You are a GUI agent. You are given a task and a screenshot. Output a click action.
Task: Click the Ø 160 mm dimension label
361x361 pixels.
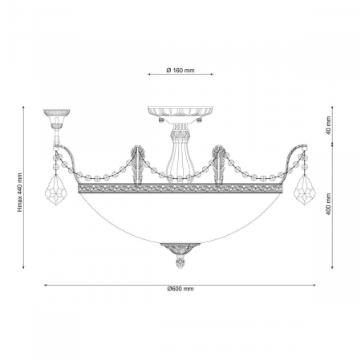(180, 71)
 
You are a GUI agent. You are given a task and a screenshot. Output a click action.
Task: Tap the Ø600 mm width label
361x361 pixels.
(180, 289)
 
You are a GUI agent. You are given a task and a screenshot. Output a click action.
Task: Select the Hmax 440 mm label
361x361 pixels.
(20, 193)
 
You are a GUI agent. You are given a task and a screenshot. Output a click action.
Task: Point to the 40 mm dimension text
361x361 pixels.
(329, 125)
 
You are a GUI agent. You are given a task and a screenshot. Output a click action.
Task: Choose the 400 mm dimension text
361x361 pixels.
(329, 205)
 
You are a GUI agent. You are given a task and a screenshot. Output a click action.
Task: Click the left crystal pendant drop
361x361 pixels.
(56, 190)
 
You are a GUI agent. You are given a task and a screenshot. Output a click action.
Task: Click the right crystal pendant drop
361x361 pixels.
(305, 190)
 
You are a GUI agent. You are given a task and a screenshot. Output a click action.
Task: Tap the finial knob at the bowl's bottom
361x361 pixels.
(180, 262)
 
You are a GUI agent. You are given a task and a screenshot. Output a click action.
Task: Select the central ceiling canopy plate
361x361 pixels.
(180, 112)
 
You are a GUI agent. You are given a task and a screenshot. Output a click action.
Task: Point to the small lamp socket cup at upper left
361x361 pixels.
(57, 119)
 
